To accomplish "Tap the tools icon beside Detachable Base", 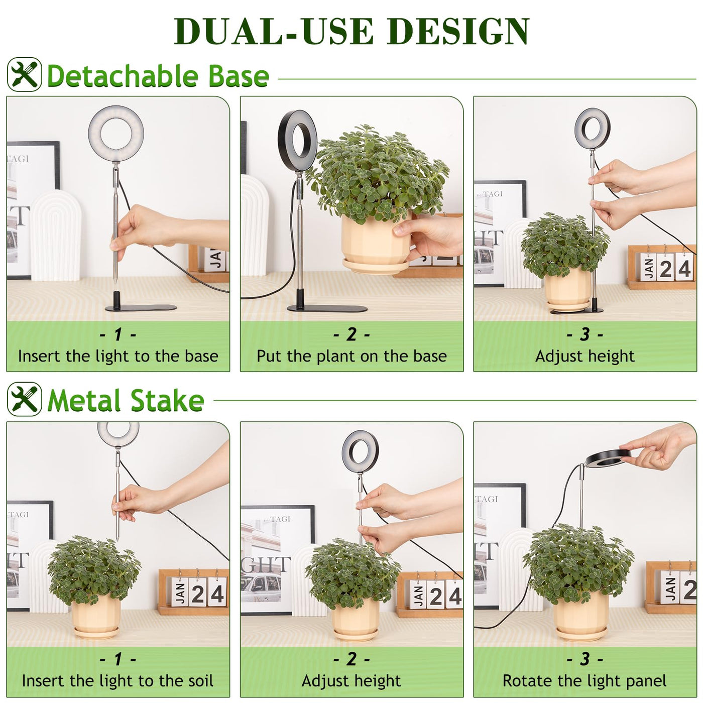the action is tap(25, 74).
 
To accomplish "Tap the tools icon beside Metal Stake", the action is tap(25, 399).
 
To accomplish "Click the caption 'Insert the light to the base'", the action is tap(118, 356).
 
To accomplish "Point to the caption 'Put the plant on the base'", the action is tap(351, 356).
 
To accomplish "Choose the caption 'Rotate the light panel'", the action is tap(584, 681).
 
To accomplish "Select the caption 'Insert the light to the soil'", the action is tap(118, 681).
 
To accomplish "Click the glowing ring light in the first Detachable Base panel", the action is tap(116, 134).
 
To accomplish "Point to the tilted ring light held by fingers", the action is tap(608, 458).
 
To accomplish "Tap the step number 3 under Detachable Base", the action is tap(584, 334).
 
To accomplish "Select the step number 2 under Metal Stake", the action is tap(351, 658).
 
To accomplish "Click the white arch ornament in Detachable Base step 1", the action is tap(55, 236).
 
